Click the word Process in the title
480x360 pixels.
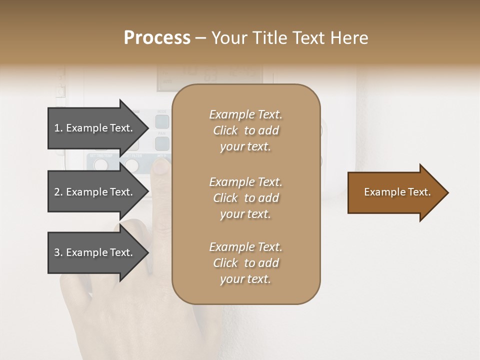click(157, 38)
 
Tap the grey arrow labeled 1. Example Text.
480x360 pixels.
click(95, 128)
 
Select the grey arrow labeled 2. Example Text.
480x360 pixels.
click(95, 192)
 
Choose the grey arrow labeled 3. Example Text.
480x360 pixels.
click(95, 252)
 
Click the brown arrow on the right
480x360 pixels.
click(395, 192)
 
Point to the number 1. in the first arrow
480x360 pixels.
click(58, 128)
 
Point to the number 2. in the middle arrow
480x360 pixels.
click(58, 192)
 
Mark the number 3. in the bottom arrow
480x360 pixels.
click(58, 252)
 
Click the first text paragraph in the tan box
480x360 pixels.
click(245, 130)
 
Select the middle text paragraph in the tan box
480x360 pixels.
click(245, 198)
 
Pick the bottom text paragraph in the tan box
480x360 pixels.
click(245, 263)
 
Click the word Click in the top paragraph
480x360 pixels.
click(225, 131)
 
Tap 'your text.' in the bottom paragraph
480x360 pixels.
click(245, 279)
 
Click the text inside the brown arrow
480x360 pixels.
click(397, 192)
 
